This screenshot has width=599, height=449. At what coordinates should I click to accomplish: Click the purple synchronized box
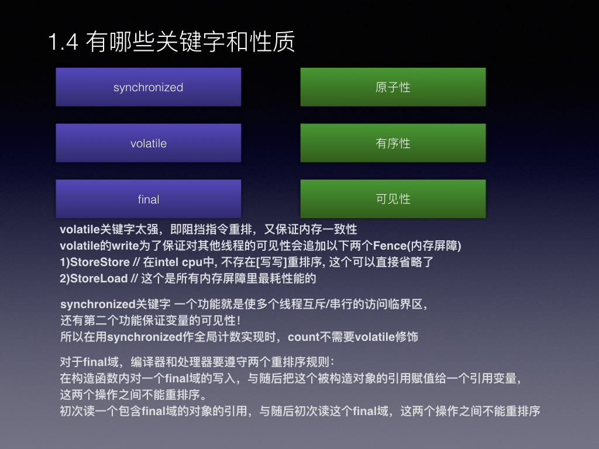(x=148, y=87)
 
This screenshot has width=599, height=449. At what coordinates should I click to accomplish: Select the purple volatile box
(x=148, y=143)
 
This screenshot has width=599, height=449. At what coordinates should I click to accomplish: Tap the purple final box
(x=148, y=199)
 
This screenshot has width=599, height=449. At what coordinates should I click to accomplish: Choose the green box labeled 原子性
(x=393, y=87)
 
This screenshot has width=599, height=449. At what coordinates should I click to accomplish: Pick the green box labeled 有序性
(x=393, y=143)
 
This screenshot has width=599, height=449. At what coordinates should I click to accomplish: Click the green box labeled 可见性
(x=393, y=199)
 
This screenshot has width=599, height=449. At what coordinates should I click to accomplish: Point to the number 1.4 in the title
(x=63, y=42)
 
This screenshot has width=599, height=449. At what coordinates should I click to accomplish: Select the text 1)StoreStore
(x=95, y=262)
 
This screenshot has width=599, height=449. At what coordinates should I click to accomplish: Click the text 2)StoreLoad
(x=94, y=278)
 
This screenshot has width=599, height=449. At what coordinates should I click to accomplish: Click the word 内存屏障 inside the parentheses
(x=435, y=246)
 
